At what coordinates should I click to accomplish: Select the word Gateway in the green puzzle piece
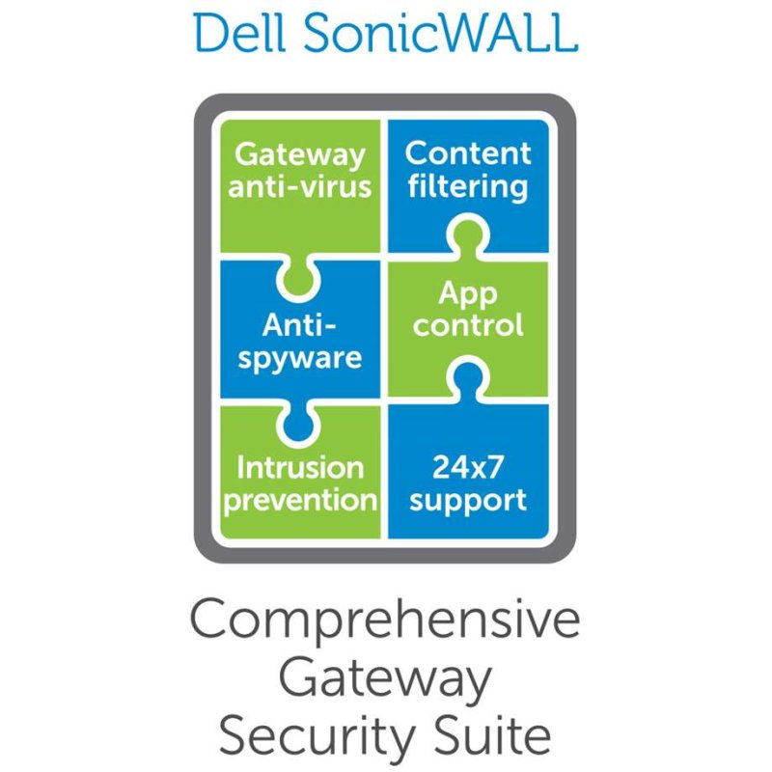[x=300, y=154]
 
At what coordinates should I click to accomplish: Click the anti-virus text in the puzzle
[x=300, y=185]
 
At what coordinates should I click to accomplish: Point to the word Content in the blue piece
[x=468, y=152]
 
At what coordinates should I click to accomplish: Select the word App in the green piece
[x=468, y=293]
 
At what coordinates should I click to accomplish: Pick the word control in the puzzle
[x=468, y=324]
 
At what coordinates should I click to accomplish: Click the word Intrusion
[x=300, y=468]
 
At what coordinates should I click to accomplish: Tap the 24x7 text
[x=466, y=468]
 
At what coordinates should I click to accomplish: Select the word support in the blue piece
[x=467, y=501]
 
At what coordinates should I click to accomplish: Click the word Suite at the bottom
[x=492, y=735]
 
